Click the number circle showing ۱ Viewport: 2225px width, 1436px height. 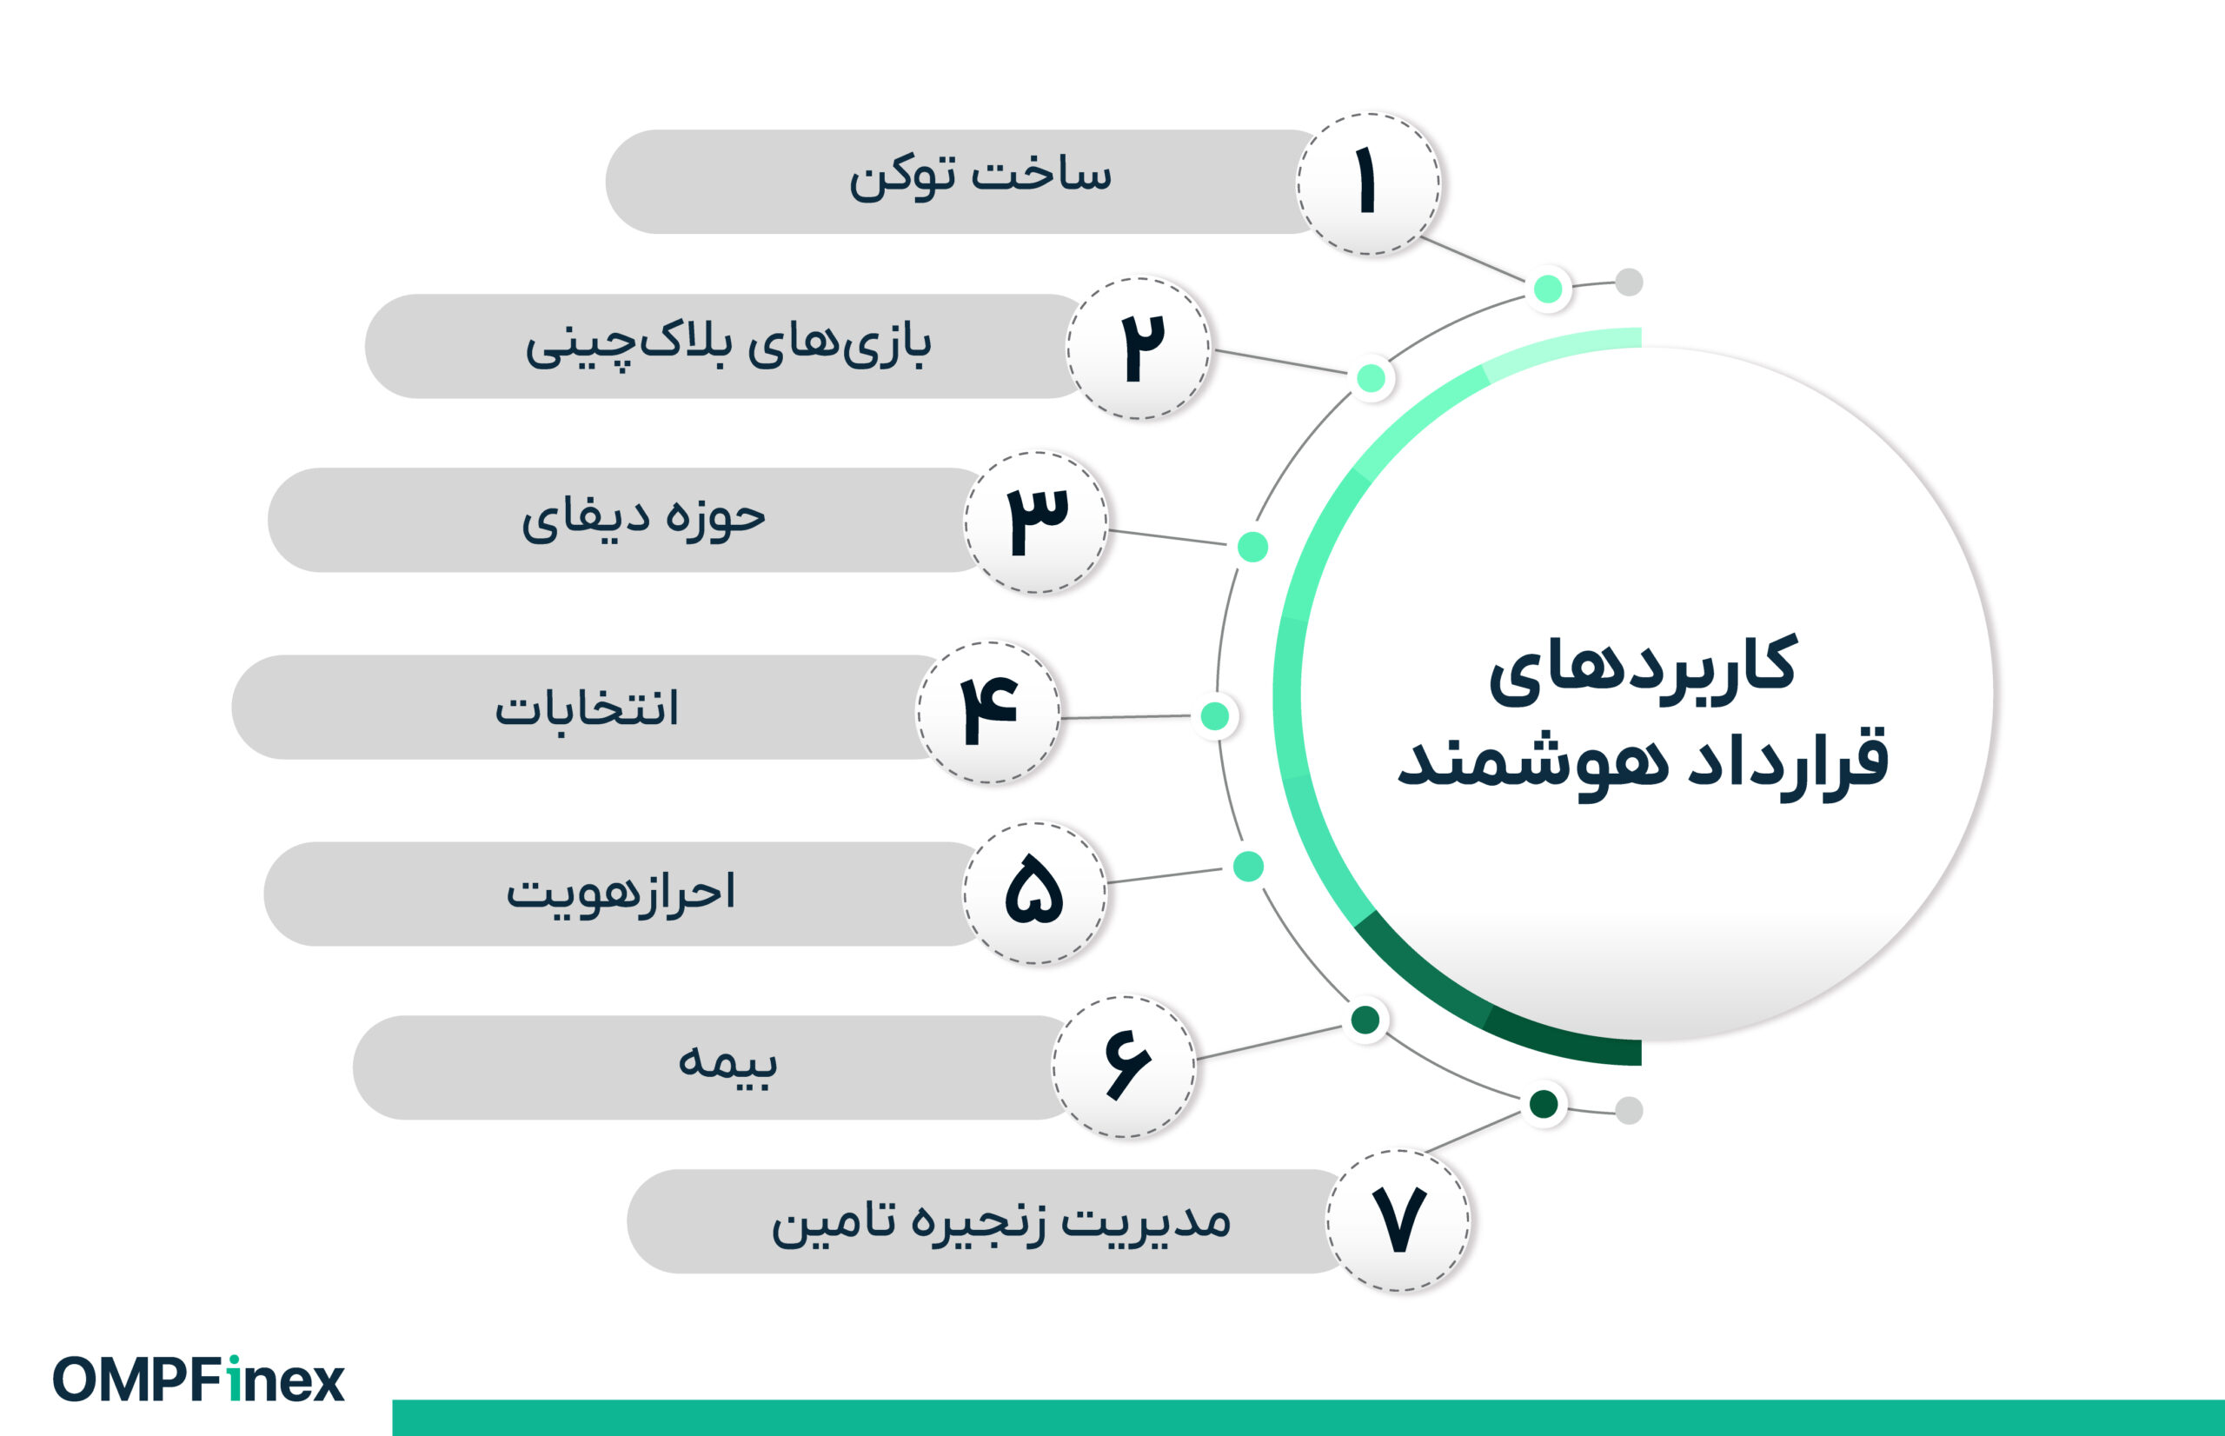1367,183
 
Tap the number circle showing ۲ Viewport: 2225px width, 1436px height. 1138,348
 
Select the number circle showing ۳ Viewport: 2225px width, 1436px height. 1036,522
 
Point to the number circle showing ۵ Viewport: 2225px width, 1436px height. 1034,894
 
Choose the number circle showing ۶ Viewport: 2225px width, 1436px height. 1124,1067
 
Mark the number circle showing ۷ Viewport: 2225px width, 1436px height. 1398,1220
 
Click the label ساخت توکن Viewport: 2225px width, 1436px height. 980,176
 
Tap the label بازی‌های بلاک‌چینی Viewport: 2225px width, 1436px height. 728,345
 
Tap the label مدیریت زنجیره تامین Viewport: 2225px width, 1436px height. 1000,1220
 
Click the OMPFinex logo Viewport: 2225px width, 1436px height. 198,1380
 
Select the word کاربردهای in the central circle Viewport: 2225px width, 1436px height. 1643,668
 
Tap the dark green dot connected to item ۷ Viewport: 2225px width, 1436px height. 1544,1104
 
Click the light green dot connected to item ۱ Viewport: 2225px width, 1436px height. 1548,288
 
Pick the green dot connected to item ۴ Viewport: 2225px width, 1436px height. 1214,716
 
